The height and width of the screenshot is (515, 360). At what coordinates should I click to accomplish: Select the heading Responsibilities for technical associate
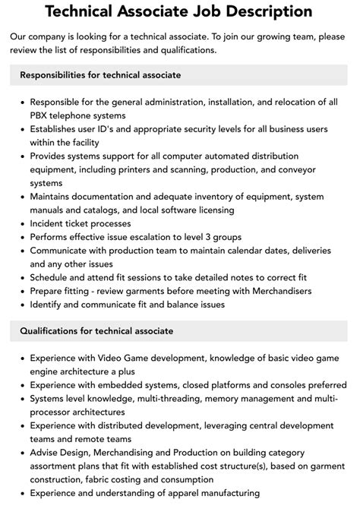point(100,75)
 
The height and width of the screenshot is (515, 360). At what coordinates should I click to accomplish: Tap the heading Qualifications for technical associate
point(96,330)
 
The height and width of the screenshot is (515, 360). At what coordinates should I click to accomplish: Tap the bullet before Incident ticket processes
point(22,224)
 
